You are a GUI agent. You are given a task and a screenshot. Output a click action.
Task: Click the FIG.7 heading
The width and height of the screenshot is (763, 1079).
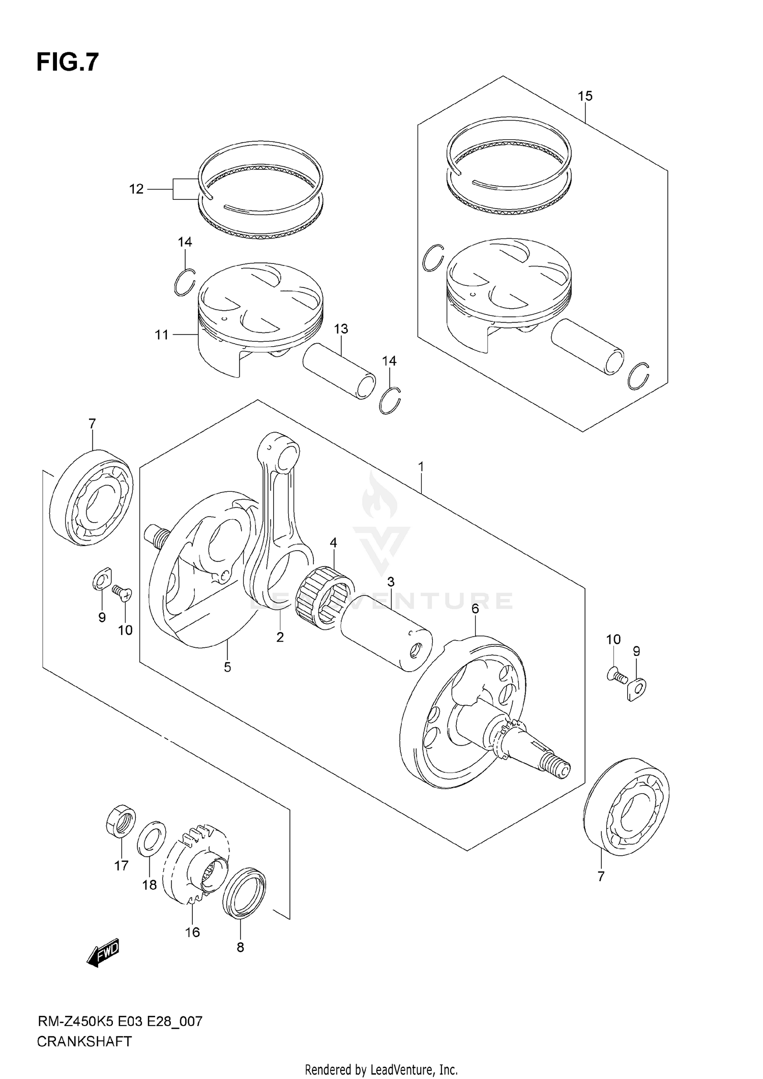pos(67,63)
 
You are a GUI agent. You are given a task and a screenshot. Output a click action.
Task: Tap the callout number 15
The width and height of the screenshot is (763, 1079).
pos(585,96)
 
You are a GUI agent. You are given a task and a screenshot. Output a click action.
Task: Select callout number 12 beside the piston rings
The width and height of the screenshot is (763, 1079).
pos(136,189)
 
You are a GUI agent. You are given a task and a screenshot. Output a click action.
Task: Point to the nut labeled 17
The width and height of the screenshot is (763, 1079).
pos(121,821)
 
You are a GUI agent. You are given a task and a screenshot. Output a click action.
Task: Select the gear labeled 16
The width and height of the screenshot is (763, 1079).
pos(196,864)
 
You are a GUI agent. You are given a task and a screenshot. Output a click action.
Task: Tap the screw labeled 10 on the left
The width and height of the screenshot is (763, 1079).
pos(122,593)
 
